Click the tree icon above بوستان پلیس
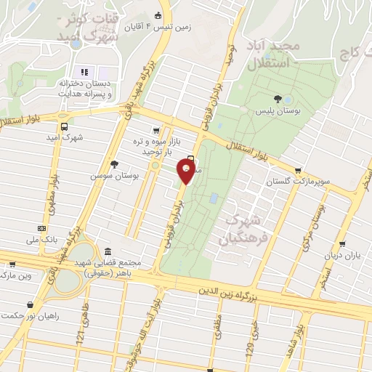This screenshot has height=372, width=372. [x=277, y=99]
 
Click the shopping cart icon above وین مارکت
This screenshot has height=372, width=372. [x=11, y=265]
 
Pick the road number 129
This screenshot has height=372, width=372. [x=248, y=332]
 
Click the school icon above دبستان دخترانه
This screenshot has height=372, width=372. [x=84, y=73]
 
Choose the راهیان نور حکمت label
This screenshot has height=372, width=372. [x=31, y=315]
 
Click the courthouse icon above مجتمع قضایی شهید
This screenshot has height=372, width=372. [x=107, y=251]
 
